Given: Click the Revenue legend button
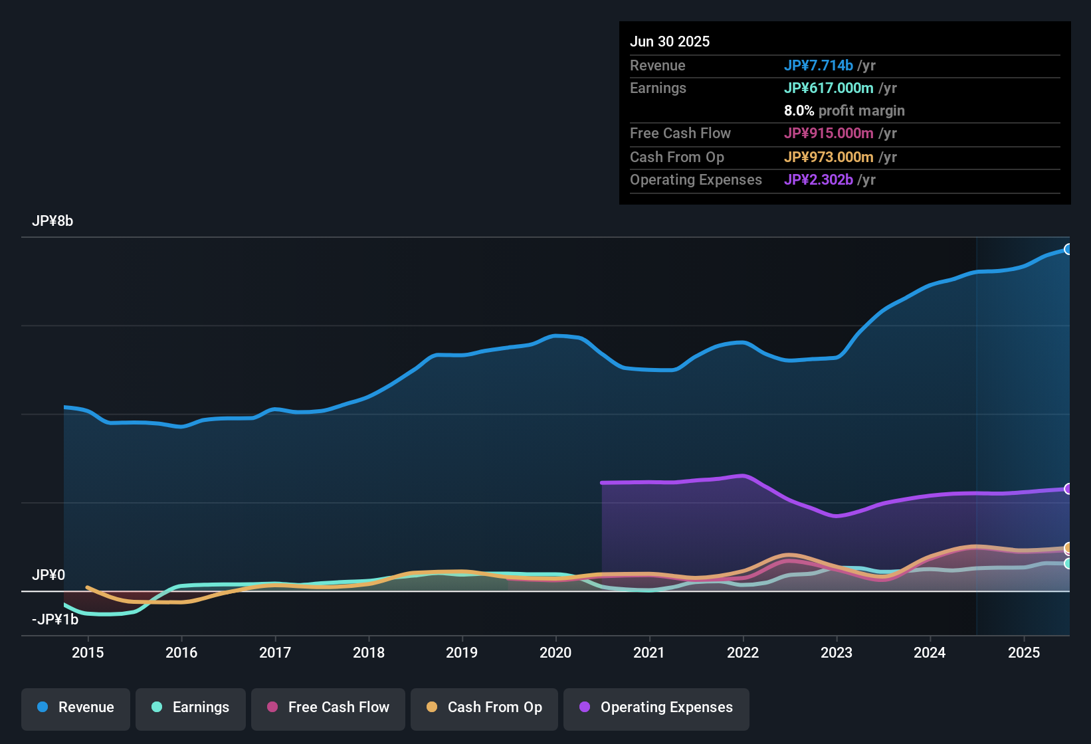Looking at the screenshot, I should click(x=76, y=707).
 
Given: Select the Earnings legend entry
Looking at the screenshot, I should click(x=191, y=707).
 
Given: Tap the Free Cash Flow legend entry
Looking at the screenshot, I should click(x=328, y=707).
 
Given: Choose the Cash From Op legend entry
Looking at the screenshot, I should click(x=484, y=707).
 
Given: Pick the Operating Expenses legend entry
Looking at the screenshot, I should click(x=656, y=707).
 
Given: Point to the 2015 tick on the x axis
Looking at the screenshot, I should click(x=88, y=652).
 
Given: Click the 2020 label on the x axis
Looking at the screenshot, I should click(x=555, y=652).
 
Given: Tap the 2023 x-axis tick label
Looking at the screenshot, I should click(x=837, y=652).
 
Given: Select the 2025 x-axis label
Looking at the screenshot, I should click(x=1024, y=652).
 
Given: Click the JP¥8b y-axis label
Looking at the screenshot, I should click(x=52, y=221).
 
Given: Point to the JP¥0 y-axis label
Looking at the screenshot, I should click(x=49, y=575).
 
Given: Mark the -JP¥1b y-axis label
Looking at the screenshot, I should click(x=55, y=620).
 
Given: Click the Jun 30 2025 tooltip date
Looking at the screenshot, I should click(x=670, y=42).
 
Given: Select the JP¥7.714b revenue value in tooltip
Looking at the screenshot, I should click(x=818, y=66).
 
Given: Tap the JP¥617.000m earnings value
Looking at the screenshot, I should click(x=829, y=88).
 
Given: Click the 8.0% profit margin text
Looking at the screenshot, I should click(x=844, y=111).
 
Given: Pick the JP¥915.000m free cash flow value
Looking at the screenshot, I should click(x=829, y=134).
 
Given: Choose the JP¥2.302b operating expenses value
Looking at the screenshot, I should click(x=818, y=180).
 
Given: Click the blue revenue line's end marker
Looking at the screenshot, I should click(x=1068, y=249).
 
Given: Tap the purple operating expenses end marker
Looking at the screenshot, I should click(x=1068, y=489).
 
